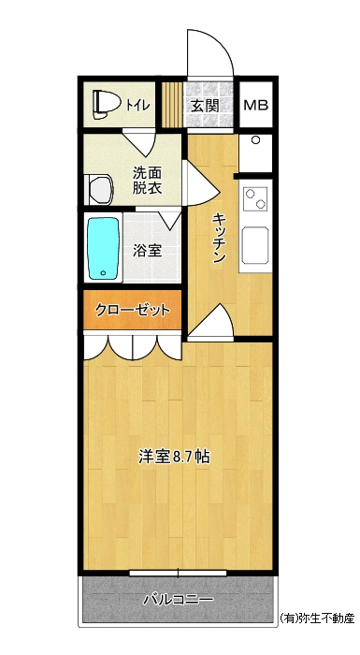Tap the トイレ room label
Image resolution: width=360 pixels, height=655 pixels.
click(x=137, y=105)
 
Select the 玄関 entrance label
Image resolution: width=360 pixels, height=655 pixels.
click(x=205, y=105)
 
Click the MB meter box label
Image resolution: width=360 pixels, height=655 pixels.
click(x=255, y=105)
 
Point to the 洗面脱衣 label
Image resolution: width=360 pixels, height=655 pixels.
click(x=147, y=180)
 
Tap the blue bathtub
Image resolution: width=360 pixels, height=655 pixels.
click(x=103, y=249)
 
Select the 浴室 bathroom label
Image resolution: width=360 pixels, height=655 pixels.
click(x=147, y=250)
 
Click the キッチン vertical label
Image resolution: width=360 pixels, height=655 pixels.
click(x=219, y=238)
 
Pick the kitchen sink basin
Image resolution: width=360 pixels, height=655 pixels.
click(x=255, y=245)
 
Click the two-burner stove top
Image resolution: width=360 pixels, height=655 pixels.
click(x=255, y=198)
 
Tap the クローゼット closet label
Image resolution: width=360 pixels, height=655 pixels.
click(x=133, y=310)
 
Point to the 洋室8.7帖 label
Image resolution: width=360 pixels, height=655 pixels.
click(x=174, y=457)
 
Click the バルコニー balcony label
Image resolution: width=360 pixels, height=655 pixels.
click(x=179, y=600)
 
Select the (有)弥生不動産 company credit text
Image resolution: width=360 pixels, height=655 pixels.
click(x=317, y=618)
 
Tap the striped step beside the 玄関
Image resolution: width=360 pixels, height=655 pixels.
click(x=172, y=105)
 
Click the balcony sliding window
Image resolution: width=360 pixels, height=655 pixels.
click(x=178, y=573)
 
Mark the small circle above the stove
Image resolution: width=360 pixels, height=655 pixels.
click(x=255, y=140)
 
